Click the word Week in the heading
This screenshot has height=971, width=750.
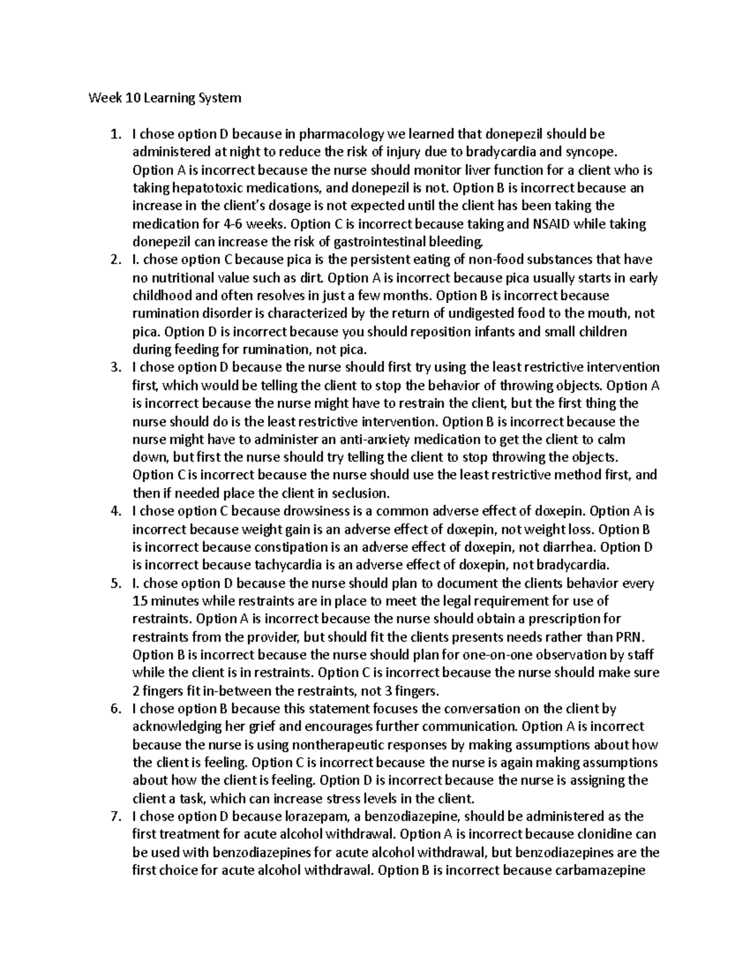click(x=103, y=98)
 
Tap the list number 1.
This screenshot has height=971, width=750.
click(x=114, y=134)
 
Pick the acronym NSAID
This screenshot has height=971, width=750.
click(x=546, y=224)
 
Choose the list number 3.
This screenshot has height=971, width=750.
click(x=114, y=368)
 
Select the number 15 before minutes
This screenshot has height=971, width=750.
click(x=142, y=601)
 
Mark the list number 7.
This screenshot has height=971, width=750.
click(x=114, y=817)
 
